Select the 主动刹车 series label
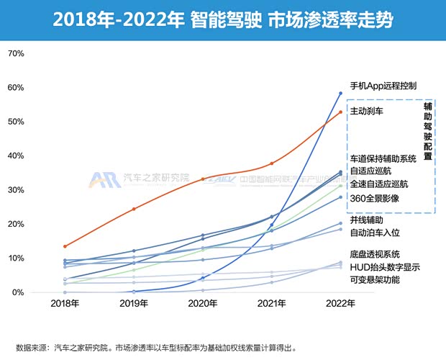(x=367, y=112)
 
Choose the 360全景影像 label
(x=374, y=198)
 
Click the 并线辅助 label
(x=367, y=220)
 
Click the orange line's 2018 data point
(x=65, y=246)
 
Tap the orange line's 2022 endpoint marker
(x=340, y=112)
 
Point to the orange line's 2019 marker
(x=134, y=209)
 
